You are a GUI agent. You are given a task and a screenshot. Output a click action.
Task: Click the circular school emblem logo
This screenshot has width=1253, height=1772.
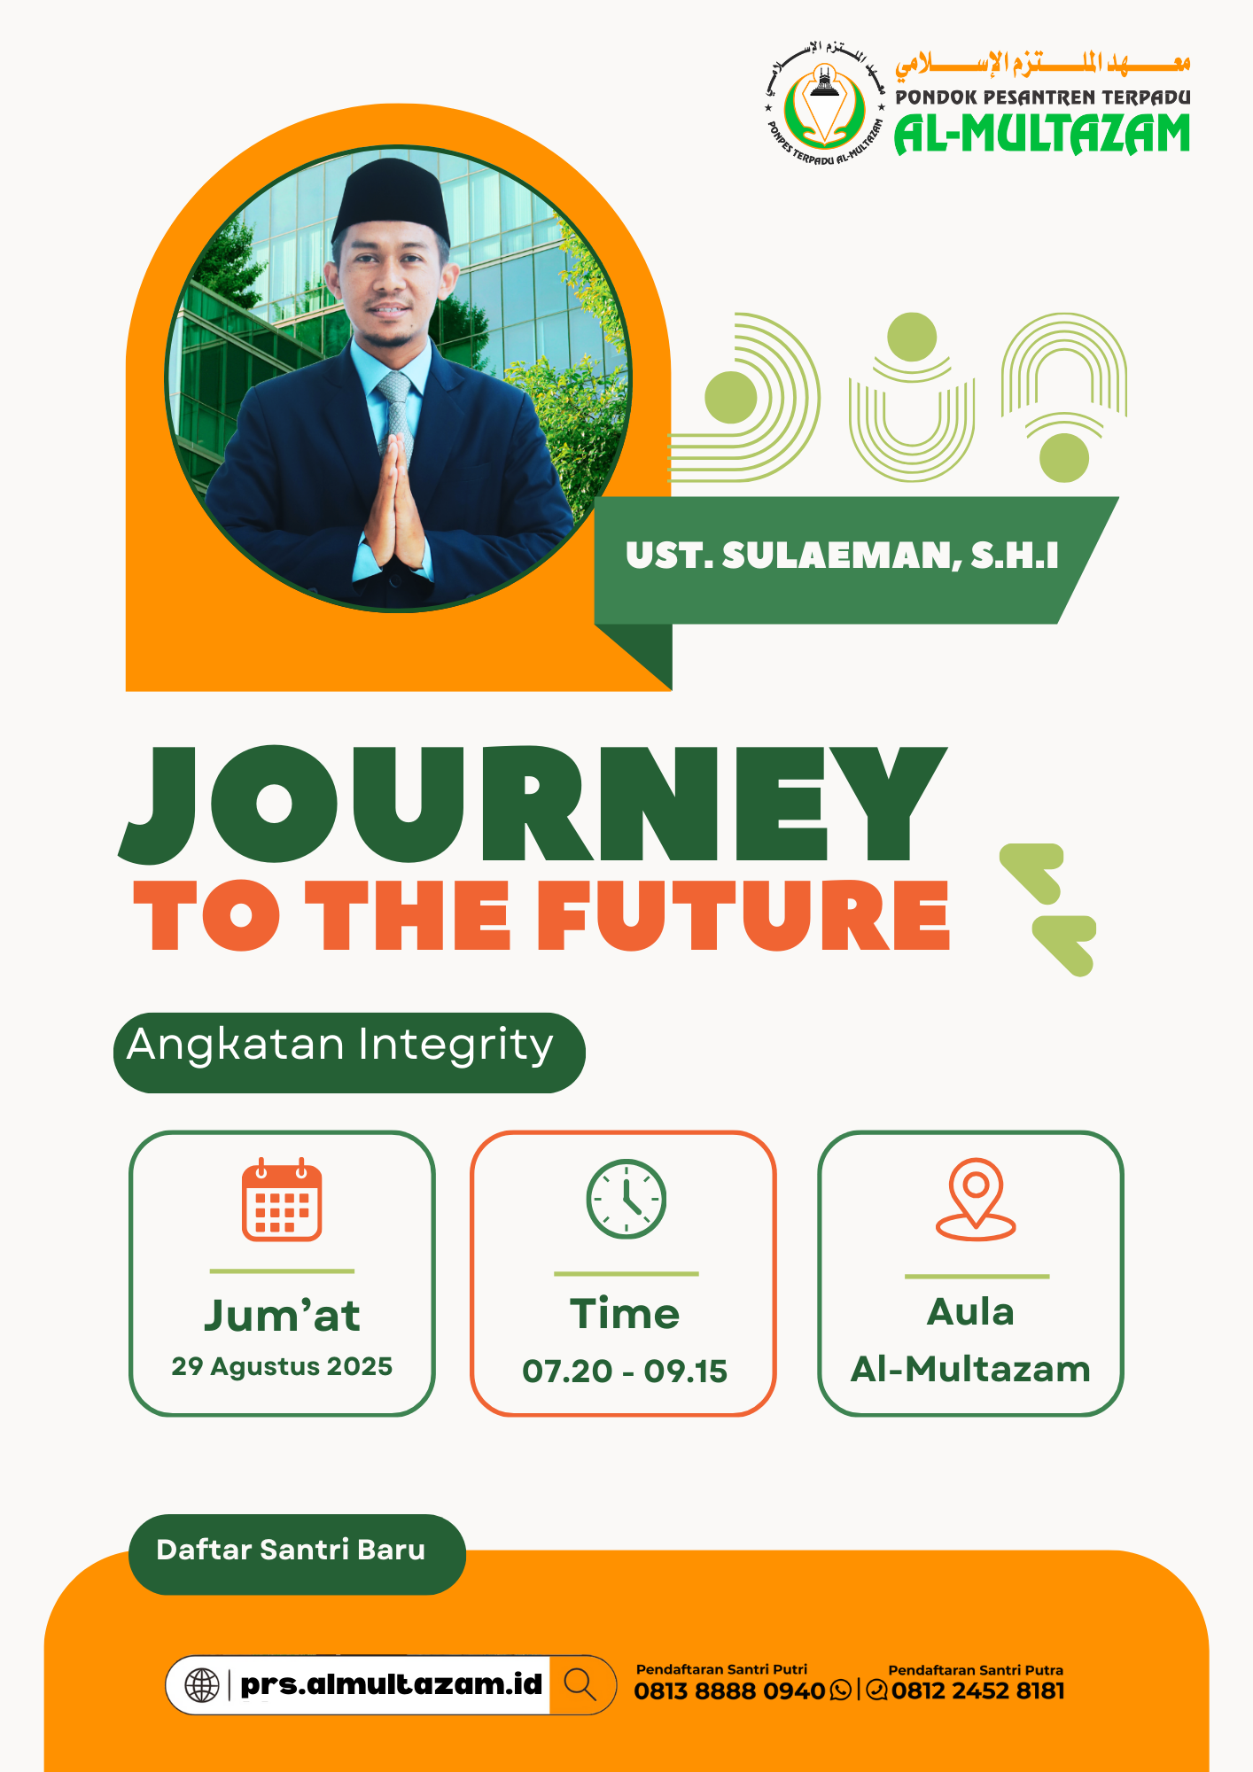pyautogui.click(x=825, y=104)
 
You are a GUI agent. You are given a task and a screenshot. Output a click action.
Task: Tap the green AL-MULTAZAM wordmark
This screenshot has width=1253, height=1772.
pyautogui.click(x=1042, y=134)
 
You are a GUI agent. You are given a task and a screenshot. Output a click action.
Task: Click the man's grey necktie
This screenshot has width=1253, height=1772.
pyautogui.click(x=396, y=416)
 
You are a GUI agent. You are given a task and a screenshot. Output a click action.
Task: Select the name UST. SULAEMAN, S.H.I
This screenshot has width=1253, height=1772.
pyautogui.click(x=842, y=556)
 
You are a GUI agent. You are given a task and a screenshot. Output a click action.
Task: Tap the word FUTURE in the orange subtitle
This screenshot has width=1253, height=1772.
pyautogui.click(x=743, y=915)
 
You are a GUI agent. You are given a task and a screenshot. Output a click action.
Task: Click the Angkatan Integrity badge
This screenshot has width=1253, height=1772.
pyautogui.click(x=349, y=1053)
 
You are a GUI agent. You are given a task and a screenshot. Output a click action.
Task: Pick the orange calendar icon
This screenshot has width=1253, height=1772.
pyautogui.click(x=282, y=1200)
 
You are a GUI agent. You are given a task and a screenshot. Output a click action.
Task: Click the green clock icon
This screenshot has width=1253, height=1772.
pyautogui.click(x=626, y=1199)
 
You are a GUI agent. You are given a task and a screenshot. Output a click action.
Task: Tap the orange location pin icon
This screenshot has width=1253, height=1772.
pyautogui.click(x=976, y=1199)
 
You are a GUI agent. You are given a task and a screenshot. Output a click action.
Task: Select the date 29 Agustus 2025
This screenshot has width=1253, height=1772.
pyautogui.click(x=282, y=1366)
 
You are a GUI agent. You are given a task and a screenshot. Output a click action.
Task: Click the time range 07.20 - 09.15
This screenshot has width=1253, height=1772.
pyautogui.click(x=625, y=1372)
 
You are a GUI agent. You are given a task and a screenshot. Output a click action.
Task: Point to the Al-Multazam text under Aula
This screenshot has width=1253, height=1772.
pyautogui.click(x=970, y=1369)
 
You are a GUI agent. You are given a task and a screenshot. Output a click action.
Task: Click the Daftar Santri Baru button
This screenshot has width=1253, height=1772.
pyautogui.click(x=297, y=1554)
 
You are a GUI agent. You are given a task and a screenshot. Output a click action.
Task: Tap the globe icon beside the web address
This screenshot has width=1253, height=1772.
pyautogui.click(x=202, y=1684)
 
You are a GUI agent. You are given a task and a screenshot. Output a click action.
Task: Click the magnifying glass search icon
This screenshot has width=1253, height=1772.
pyautogui.click(x=580, y=1683)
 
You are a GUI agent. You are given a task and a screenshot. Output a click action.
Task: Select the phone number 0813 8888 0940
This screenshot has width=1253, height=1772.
pyautogui.click(x=729, y=1691)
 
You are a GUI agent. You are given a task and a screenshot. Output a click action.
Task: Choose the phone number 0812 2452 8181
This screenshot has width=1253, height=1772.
pyautogui.click(x=978, y=1691)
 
